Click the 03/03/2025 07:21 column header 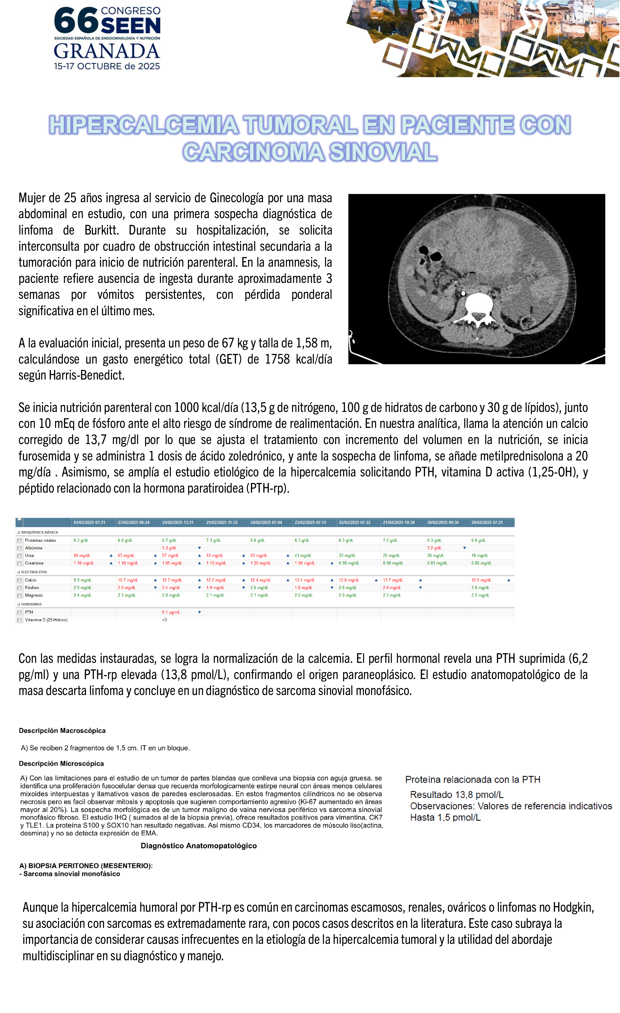click(x=89, y=522)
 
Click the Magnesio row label click(x=34, y=595)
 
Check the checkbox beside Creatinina click(x=19, y=563)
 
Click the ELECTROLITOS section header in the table click(x=34, y=572)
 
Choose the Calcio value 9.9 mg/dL click(x=83, y=580)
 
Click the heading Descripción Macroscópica click(x=62, y=731)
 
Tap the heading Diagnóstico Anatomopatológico click(x=199, y=846)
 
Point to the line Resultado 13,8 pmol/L click(x=456, y=795)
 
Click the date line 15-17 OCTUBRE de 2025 click(x=107, y=66)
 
